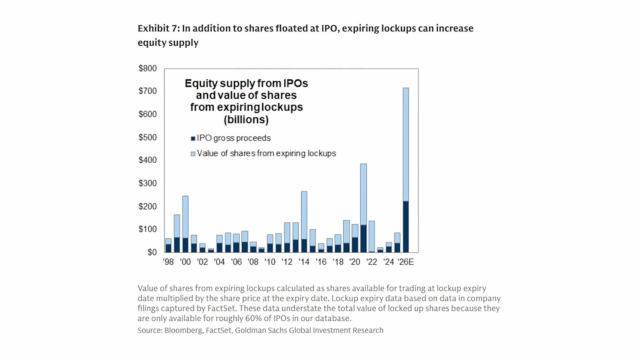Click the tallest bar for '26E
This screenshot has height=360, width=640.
406,170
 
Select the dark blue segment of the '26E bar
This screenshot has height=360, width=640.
406,227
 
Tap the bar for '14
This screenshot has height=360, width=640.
304,222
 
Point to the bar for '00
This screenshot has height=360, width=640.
185,224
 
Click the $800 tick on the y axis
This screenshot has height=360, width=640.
148,69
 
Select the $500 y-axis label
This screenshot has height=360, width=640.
148,137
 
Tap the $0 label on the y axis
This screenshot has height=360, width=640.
152,252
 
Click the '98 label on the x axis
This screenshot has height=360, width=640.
168,262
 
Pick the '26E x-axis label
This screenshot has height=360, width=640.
406,262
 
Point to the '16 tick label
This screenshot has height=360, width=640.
321,262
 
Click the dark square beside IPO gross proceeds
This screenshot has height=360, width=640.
193,138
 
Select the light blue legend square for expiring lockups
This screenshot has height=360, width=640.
193,154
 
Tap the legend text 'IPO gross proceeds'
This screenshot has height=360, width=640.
234,138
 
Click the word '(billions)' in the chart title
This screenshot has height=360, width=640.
246,120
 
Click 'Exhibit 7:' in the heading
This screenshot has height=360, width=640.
159,28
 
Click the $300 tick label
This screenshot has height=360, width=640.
148,183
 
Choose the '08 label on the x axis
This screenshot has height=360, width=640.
253,262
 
